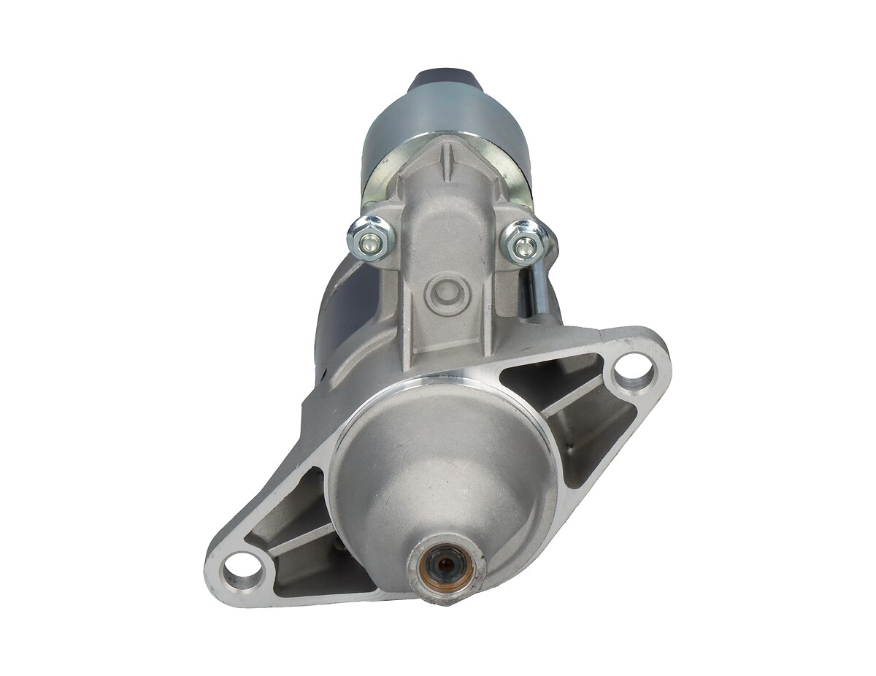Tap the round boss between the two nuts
pyautogui.click(x=446, y=293)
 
